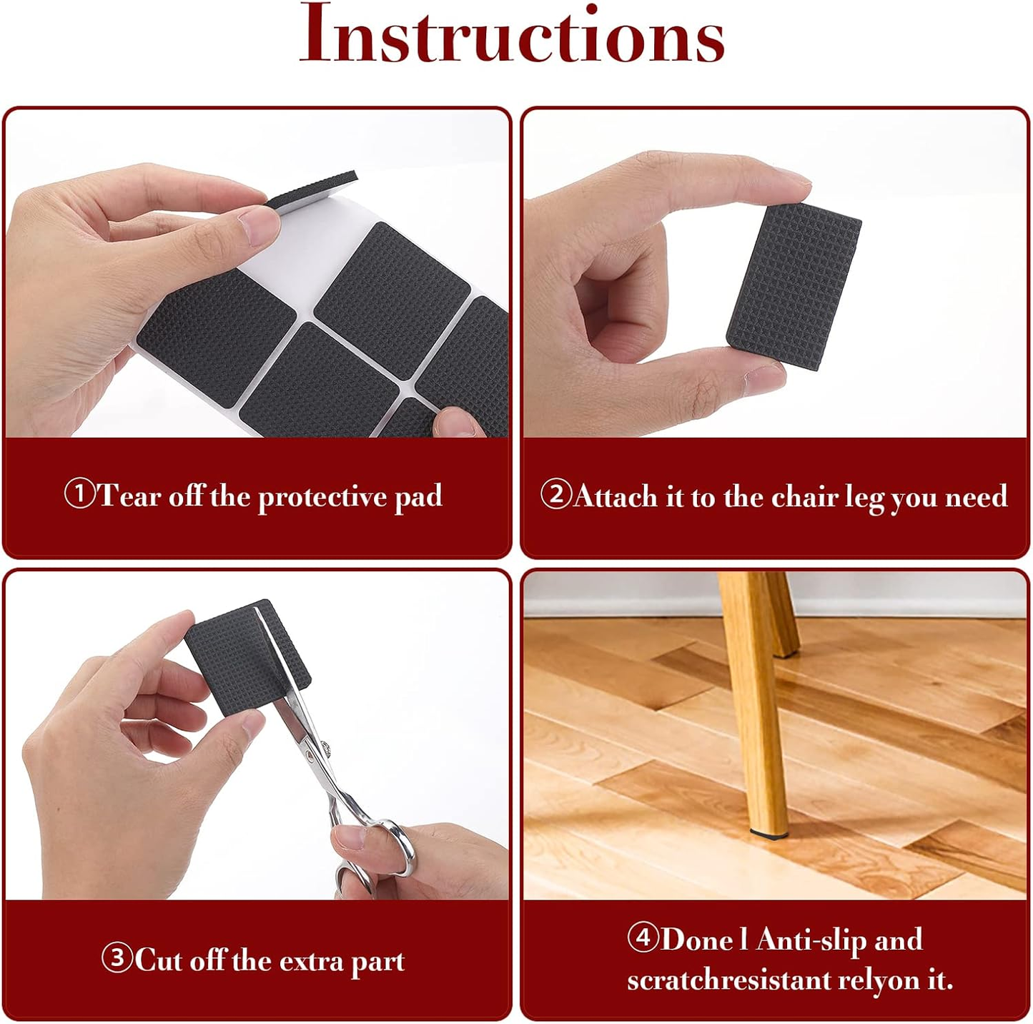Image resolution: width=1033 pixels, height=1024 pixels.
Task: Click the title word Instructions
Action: click(x=512, y=34)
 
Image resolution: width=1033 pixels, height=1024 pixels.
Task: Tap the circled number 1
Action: click(x=79, y=493)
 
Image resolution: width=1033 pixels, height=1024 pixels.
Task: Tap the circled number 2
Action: click(x=555, y=493)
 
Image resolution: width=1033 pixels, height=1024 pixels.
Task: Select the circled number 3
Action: click(x=117, y=957)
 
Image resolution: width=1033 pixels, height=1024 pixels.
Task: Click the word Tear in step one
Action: click(x=129, y=496)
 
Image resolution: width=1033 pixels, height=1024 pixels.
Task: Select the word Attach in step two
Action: click(x=616, y=496)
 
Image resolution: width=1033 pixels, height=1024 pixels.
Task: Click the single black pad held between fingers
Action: click(x=794, y=286)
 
